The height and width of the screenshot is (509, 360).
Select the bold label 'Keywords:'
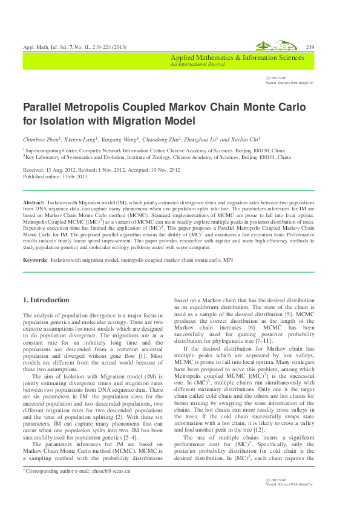(x=36, y=259)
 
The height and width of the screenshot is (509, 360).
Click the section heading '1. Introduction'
(x=46, y=300)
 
